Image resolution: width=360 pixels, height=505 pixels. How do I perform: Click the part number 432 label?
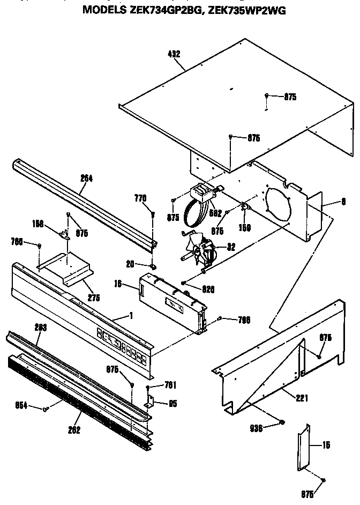174,54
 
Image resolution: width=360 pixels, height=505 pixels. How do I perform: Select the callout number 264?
86,179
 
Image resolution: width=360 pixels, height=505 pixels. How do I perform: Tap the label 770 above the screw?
140,198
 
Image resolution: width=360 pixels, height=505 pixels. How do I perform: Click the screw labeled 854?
47,409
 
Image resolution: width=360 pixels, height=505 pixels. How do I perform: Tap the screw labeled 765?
40,246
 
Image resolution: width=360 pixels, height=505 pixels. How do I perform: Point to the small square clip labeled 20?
153,264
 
